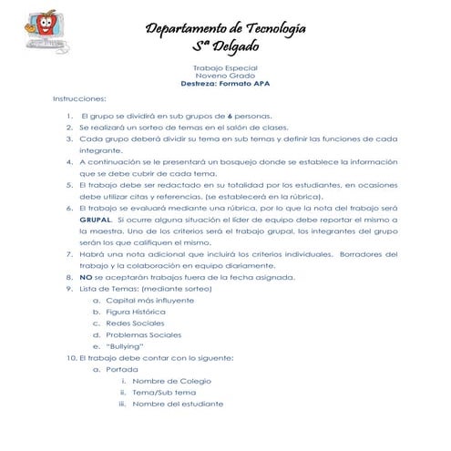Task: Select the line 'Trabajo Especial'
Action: (225, 68)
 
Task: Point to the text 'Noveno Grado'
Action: (225, 77)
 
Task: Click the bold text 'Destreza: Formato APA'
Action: (225, 85)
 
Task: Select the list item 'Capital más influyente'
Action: (149, 300)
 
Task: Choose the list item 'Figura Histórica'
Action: (136, 312)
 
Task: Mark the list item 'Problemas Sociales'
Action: (143, 335)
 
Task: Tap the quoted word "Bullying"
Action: (126, 347)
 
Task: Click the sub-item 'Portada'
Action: (122, 370)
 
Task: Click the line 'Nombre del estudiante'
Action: (177, 405)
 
